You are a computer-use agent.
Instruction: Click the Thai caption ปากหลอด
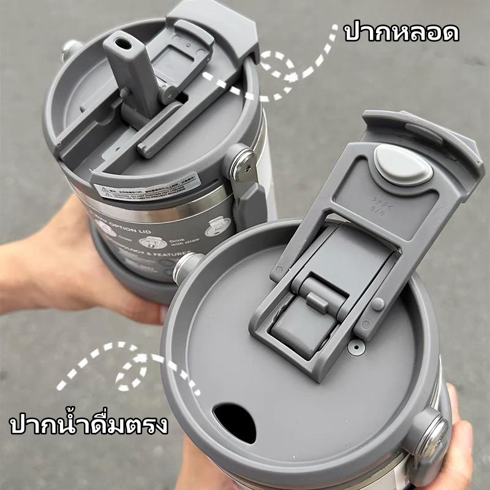pyautogui.click(x=401, y=32)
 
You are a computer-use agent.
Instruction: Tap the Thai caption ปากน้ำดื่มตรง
pyautogui.click(x=89, y=424)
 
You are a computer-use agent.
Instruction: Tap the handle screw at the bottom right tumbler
pyautogui.click(x=436, y=431)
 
